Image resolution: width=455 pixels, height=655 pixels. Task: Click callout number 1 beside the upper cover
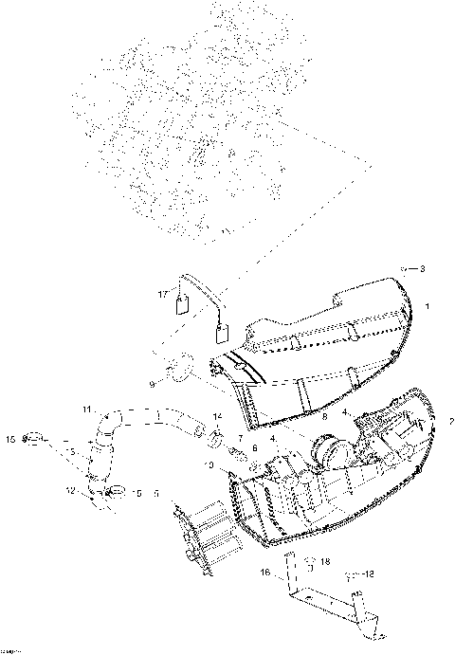427,306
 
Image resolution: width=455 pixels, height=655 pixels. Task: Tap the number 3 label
422,269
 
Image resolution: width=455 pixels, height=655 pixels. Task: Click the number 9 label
152,384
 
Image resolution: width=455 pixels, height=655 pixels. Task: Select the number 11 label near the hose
86,409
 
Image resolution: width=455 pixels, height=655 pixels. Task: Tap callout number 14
217,417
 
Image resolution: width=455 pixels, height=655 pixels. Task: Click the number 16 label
266,573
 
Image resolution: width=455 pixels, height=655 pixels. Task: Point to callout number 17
162,296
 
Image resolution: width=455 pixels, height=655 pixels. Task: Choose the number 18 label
326,562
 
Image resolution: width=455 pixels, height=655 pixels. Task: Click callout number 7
240,438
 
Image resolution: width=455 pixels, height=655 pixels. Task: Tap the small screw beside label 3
403,270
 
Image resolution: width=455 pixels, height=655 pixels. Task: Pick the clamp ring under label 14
217,438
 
